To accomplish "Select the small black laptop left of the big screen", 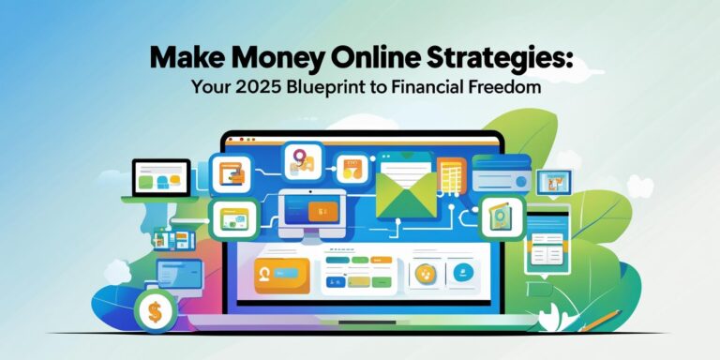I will point(160,178).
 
